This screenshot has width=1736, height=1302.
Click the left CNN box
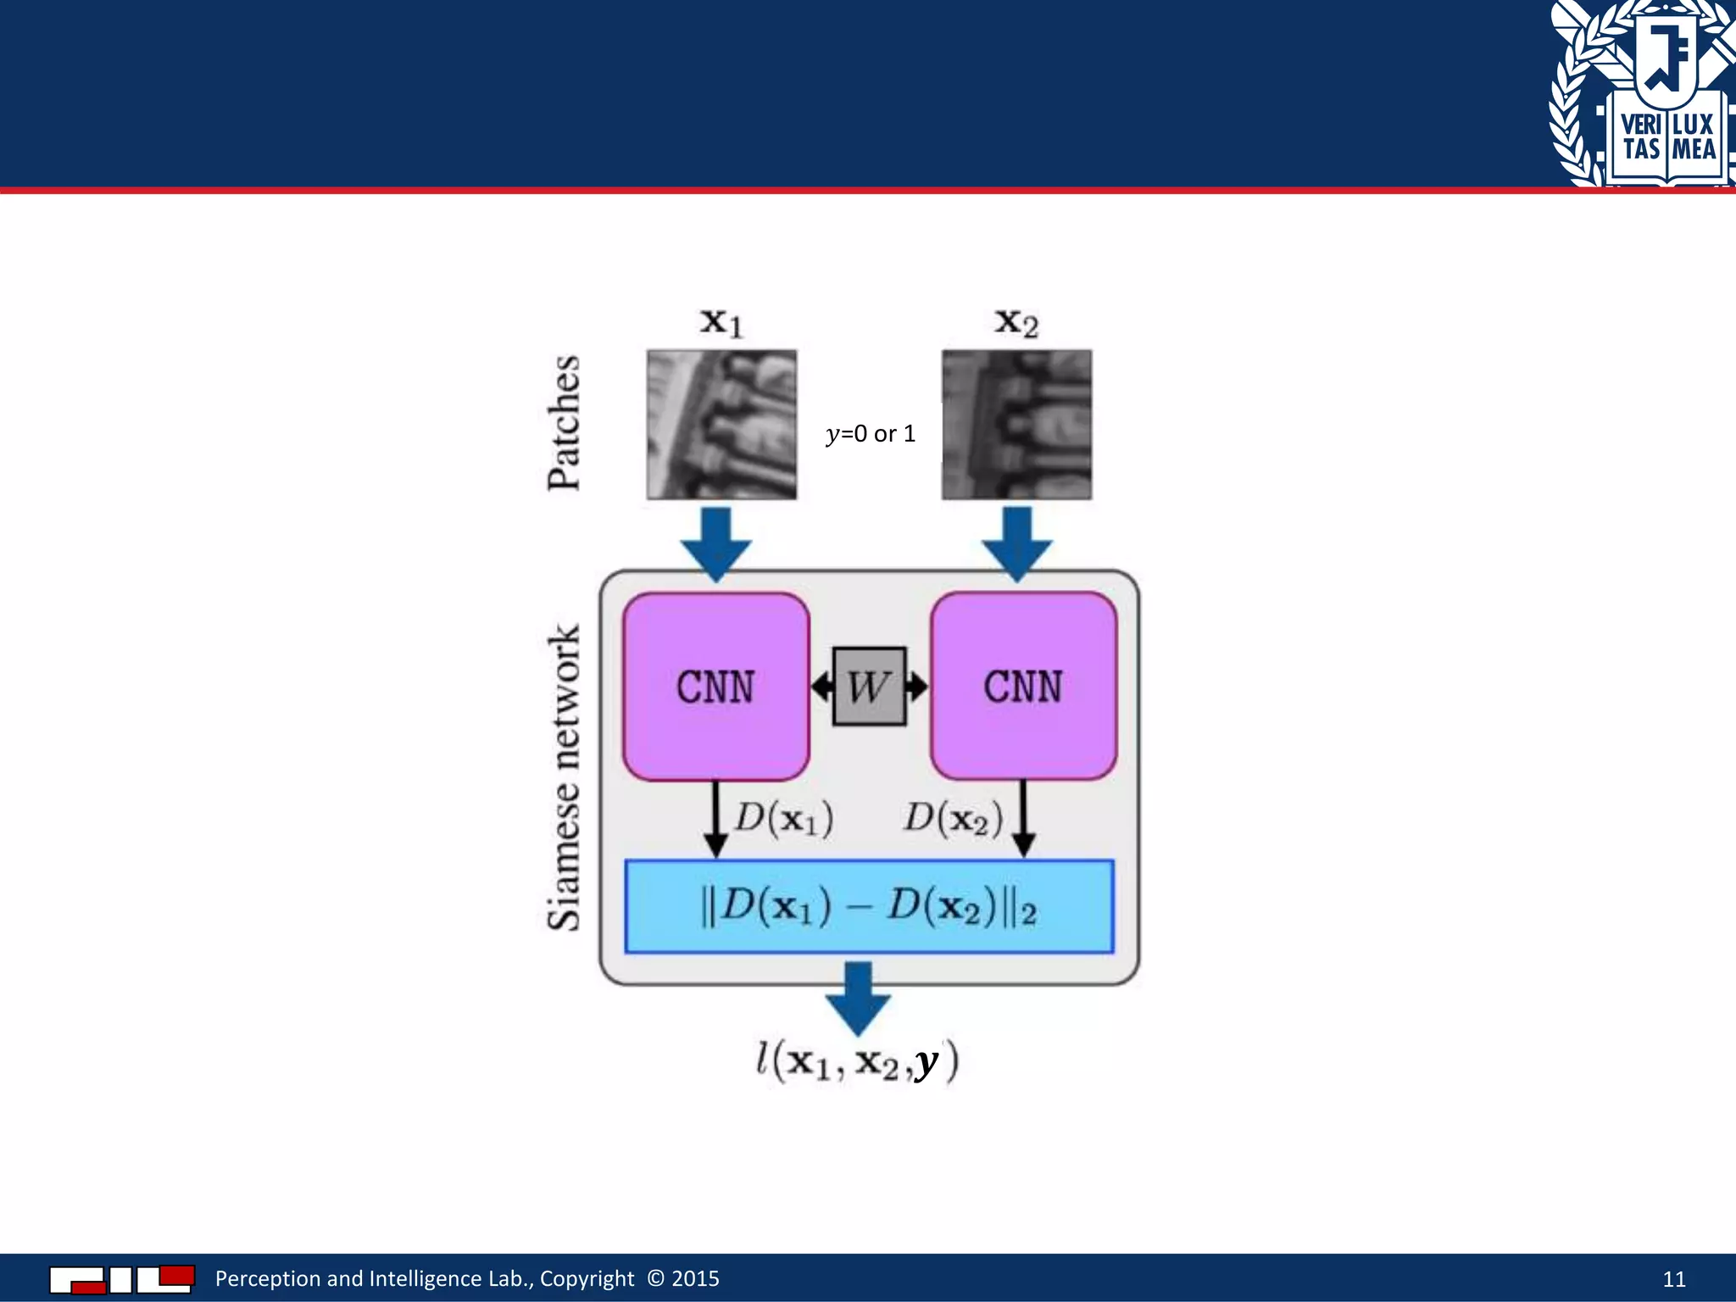click(715, 687)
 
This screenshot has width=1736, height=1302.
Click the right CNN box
click(1023, 687)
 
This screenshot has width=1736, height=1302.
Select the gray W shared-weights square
click(869, 687)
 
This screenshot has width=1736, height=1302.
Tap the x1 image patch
click(721, 424)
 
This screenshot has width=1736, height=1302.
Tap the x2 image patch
click(1016, 424)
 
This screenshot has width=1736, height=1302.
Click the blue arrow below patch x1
click(716, 542)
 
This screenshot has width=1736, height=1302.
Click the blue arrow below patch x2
click(1017, 542)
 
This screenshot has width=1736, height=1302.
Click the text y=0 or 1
click(871, 434)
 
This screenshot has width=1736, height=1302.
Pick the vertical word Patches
click(564, 423)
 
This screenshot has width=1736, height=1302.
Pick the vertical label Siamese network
click(564, 778)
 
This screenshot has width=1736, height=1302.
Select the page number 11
click(1673, 1279)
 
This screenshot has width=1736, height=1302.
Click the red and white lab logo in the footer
click(122, 1279)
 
